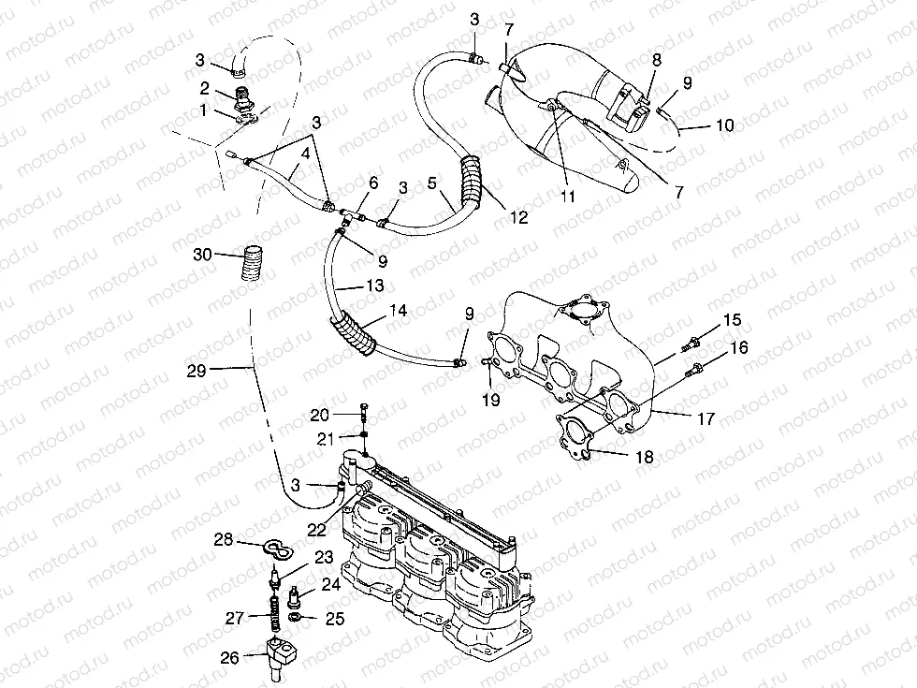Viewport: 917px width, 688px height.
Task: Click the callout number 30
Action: coord(201,254)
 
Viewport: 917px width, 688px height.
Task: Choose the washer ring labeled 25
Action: coord(296,619)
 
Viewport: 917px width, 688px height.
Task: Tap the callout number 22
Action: coord(318,529)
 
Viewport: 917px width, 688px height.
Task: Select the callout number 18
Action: coord(645,457)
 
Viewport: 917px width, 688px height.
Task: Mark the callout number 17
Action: coord(706,419)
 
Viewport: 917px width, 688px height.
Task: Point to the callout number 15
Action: coord(732,321)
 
